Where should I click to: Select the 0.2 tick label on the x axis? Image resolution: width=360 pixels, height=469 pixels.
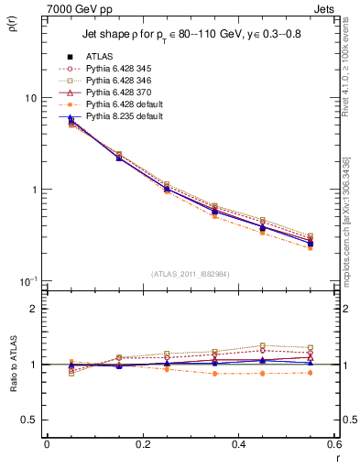tap(142, 444)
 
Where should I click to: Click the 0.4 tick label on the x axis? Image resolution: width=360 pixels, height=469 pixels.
tap(237, 444)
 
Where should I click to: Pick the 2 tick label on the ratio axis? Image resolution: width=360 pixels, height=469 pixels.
tap(34, 310)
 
